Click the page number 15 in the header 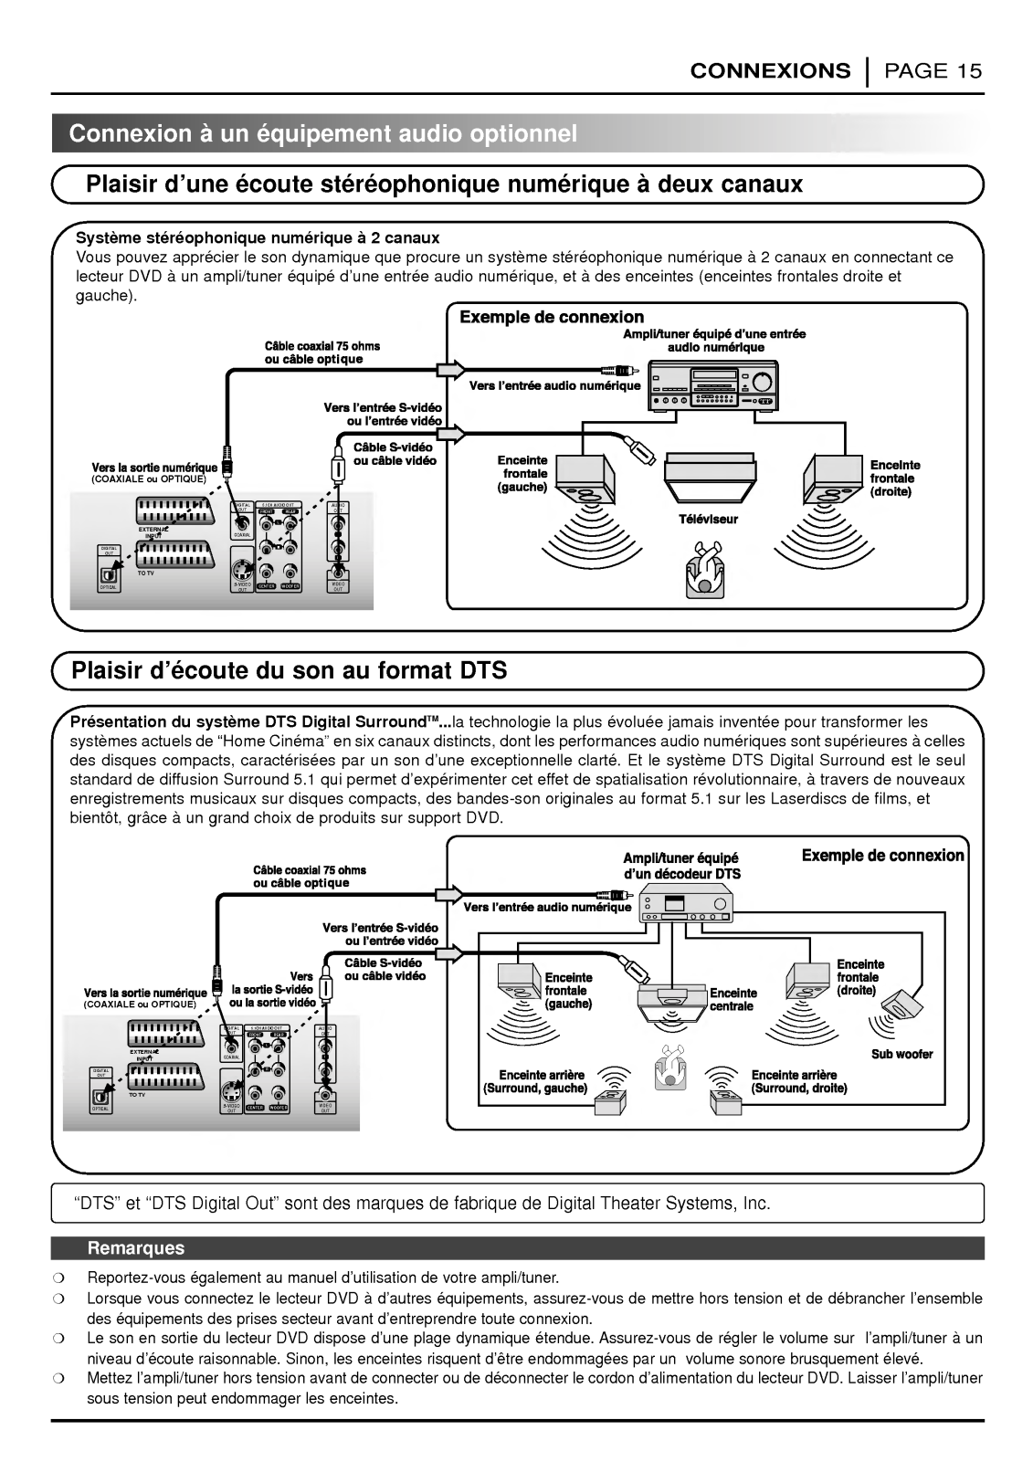pos(969,71)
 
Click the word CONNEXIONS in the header pos(769,71)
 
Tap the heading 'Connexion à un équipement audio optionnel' pos(323,134)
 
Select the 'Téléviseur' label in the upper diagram pos(708,519)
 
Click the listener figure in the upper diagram pos(704,571)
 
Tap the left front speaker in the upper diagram pos(583,477)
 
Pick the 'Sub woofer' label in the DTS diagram pos(901,1054)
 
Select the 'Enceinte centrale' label pos(733,999)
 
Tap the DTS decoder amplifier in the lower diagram pos(685,907)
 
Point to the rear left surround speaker pos(611,1100)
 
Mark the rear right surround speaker pos(727,1100)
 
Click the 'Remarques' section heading pos(135,1248)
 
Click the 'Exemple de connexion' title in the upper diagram pos(552,317)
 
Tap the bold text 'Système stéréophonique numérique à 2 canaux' pos(258,238)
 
